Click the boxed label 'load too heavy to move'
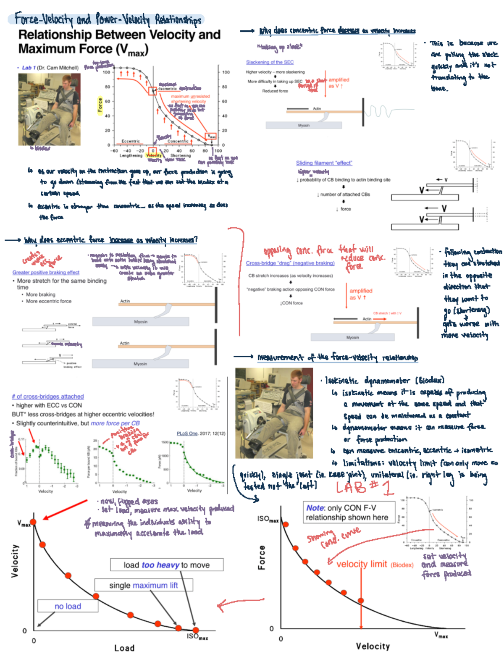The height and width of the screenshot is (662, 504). coord(167,565)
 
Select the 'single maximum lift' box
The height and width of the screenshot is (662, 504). coord(144,585)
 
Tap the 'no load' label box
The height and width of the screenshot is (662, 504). coord(68,606)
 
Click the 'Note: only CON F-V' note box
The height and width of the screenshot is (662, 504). coord(346,512)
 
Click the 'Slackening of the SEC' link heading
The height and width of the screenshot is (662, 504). coord(270,62)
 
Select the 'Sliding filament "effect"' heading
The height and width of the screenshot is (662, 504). coord(324,163)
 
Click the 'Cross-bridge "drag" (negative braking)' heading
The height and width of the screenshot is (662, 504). coord(290,263)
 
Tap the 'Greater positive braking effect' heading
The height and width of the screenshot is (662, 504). coord(46,272)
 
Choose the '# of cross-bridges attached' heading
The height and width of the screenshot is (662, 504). coord(48,396)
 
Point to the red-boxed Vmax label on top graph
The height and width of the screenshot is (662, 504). coord(211,136)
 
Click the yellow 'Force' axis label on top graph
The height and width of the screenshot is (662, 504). coord(100,105)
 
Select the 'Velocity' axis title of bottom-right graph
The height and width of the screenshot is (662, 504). coord(373,646)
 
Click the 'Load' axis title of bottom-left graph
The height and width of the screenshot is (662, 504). coord(124,648)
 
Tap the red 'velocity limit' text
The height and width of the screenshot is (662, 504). coord(361,564)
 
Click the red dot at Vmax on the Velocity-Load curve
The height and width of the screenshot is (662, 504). coord(33,522)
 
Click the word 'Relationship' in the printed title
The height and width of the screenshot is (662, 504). coord(55,34)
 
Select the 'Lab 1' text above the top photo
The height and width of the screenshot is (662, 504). coord(29,68)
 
